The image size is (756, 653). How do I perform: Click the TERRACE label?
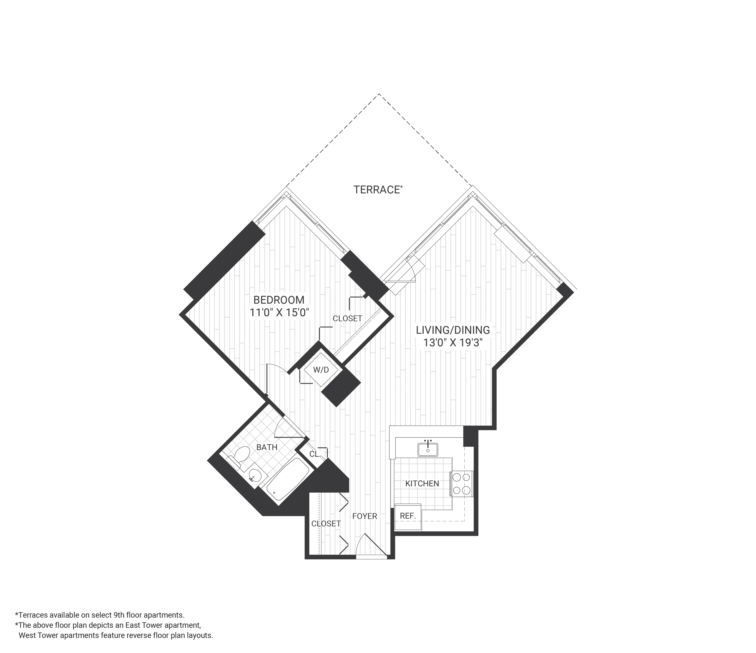coord(376,190)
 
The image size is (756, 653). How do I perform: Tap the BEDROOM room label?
coord(279,300)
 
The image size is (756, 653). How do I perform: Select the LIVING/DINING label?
coord(453,330)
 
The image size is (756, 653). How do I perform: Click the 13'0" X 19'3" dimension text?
coord(453,343)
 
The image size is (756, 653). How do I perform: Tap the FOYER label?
coord(364,516)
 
